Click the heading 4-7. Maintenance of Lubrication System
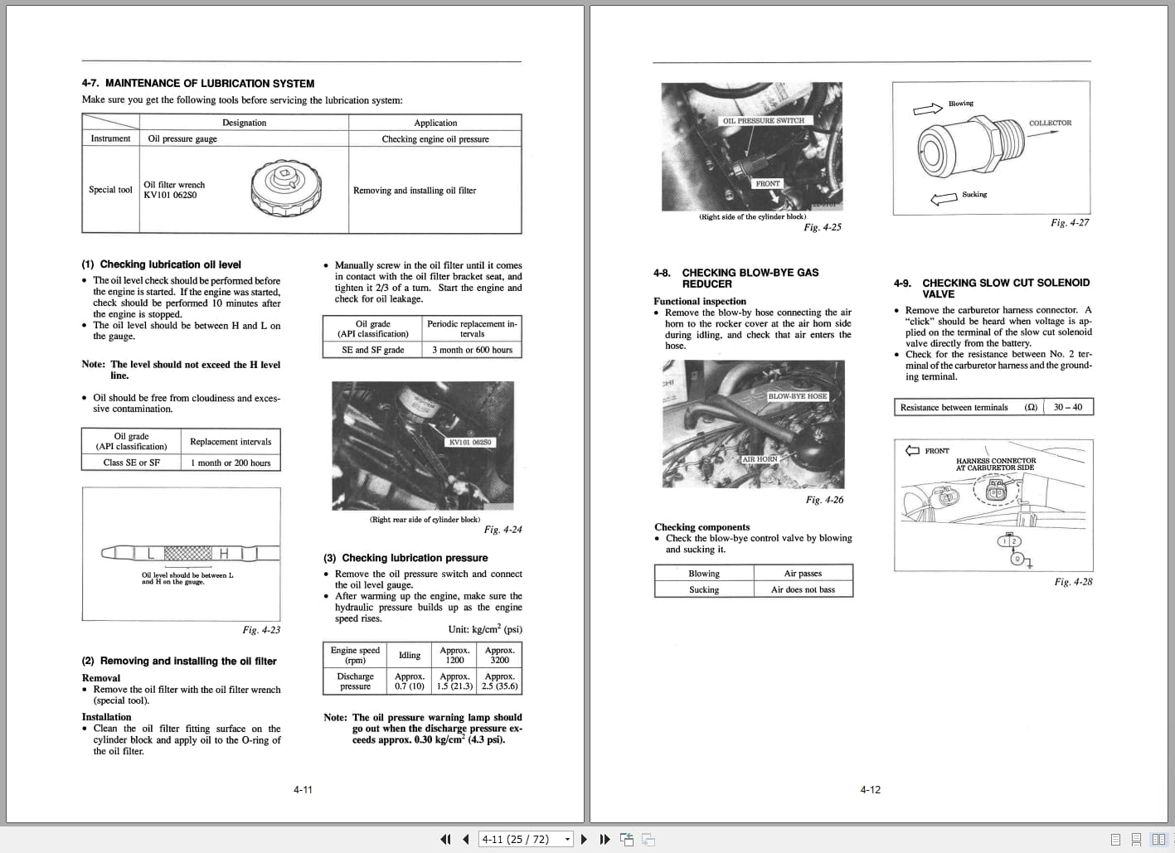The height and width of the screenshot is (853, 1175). click(197, 84)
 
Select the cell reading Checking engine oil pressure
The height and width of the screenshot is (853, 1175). click(435, 139)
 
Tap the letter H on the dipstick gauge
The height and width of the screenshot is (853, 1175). click(223, 553)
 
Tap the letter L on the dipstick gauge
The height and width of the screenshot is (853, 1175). click(150, 553)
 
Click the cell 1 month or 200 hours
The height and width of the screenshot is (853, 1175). click(231, 463)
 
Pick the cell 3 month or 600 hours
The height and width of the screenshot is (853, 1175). click(472, 350)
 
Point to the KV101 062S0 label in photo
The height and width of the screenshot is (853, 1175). click(470, 442)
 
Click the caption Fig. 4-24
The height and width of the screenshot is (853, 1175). click(503, 530)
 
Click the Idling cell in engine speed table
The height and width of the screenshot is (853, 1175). click(410, 655)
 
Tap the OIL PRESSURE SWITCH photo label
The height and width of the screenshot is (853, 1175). click(763, 120)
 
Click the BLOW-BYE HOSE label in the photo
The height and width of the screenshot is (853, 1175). click(797, 396)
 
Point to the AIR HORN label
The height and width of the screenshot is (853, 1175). click(760, 458)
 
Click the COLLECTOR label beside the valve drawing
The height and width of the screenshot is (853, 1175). click(1050, 123)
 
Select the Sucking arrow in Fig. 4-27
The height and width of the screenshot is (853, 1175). click(944, 199)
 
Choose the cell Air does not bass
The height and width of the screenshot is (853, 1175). click(803, 589)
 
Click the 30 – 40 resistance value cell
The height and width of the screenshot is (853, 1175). click(1067, 407)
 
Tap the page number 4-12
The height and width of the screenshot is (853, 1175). click(870, 790)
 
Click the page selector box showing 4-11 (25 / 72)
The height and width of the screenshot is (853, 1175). click(526, 839)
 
